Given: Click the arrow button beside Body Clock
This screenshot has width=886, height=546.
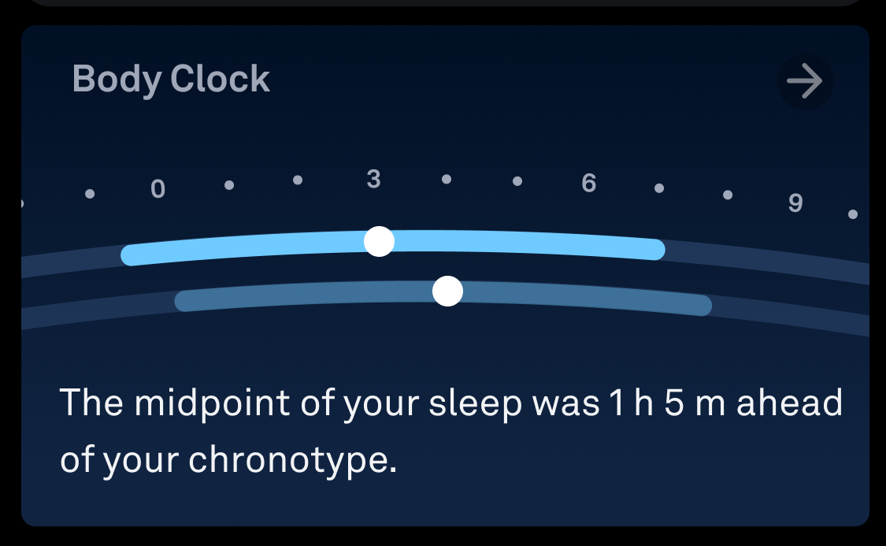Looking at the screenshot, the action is tap(805, 81).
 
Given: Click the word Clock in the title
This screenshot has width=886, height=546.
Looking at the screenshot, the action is tap(220, 78).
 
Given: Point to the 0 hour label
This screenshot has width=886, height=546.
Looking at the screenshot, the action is tap(158, 189).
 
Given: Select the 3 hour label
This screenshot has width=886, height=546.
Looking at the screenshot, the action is tap(373, 179).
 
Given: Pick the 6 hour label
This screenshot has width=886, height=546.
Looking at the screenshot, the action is tap(589, 183).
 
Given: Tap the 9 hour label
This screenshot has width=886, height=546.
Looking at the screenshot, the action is tap(795, 203).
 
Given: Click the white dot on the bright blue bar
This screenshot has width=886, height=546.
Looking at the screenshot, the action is tap(379, 241).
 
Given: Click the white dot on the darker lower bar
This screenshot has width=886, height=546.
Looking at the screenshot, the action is tap(447, 291).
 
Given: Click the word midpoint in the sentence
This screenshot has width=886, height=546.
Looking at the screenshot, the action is tap(213, 403).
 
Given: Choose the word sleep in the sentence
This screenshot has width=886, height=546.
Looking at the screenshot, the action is tap(475, 403).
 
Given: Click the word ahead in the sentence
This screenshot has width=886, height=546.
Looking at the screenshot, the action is tap(789, 403).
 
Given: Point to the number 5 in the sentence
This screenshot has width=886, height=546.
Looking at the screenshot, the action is tap(673, 403).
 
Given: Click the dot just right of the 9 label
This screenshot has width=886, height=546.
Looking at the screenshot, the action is tap(853, 214).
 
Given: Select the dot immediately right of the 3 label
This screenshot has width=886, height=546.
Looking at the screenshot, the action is tap(447, 179).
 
